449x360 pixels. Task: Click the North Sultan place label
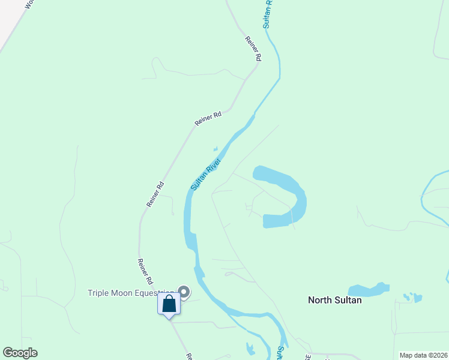tap(334, 300)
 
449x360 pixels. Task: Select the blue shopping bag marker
tap(169, 304)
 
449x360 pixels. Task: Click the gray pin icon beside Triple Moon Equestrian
tap(184, 292)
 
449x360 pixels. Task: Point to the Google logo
tap(20, 353)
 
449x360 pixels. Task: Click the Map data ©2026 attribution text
tap(423, 355)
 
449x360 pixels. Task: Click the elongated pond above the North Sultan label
tap(367, 290)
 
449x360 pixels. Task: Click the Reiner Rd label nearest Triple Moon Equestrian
tap(145, 272)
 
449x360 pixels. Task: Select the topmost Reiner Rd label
tap(254, 49)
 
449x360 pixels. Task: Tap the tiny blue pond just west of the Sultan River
tap(214, 149)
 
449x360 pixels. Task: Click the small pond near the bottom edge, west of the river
tap(250, 349)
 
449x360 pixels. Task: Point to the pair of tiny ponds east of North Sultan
tap(413, 297)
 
